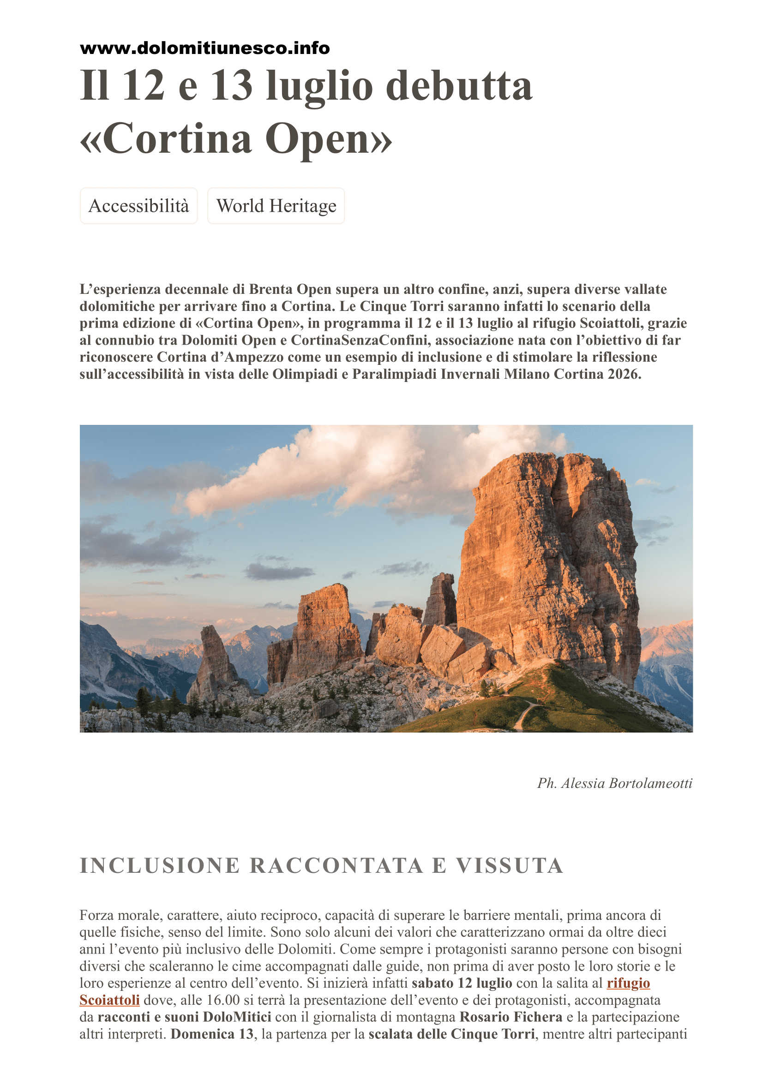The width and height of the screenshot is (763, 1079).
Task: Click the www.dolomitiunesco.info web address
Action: click(x=204, y=48)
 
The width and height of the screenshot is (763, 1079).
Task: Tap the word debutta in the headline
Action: click(x=459, y=85)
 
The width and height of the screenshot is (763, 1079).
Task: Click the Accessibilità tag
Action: click(x=138, y=206)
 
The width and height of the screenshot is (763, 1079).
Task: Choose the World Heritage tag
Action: click(x=276, y=206)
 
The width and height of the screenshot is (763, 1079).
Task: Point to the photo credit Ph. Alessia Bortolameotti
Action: click(x=614, y=783)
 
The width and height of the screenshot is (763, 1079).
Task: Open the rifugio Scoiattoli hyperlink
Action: click(x=628, y=983)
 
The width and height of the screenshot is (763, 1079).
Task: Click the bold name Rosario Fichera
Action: click(x=511, y=1017)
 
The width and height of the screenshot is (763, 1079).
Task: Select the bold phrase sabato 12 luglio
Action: click(x=462, y=983)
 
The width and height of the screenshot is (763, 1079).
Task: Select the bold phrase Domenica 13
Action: click(x=211, y=1034)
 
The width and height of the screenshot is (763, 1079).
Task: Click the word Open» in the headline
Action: click(x=328, y=139)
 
